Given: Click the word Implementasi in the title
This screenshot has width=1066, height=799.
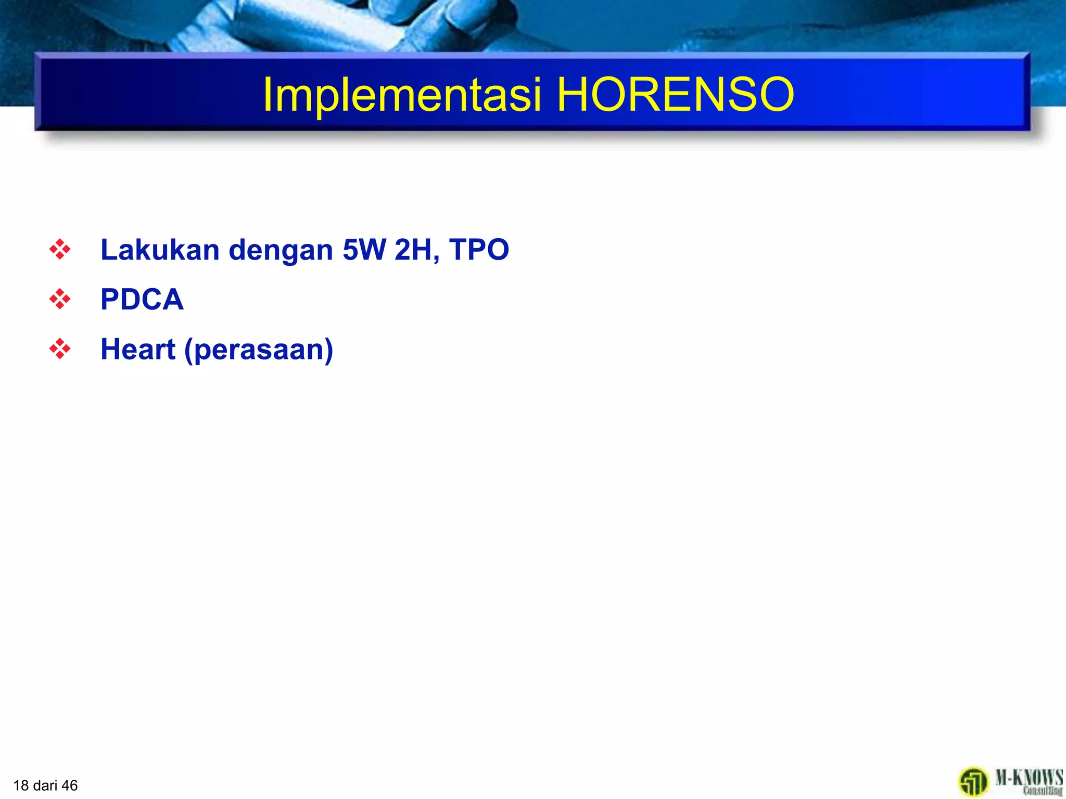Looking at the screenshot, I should (402, 95).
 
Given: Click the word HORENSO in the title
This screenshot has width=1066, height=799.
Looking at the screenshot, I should (675, 95).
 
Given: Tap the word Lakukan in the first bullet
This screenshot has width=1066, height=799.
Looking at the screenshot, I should (160, 250).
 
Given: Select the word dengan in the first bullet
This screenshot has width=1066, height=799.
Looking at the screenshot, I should (281, 251).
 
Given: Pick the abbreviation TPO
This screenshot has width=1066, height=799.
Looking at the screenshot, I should (479, 250).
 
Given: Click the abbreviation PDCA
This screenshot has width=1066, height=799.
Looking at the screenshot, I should (142, 300).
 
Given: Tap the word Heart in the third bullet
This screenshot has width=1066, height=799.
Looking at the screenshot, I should (138, 349).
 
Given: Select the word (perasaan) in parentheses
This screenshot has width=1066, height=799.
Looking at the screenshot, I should (259, 350).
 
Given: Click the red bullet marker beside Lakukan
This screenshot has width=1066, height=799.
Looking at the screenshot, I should (60, 250).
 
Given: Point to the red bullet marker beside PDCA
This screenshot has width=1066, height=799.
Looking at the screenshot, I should (60, 299).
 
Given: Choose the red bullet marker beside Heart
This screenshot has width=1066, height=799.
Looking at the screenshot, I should (60, 349).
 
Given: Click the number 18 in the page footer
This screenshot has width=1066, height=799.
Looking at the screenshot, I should (21, 785).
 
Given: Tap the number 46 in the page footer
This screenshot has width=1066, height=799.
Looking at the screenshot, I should (69, 785).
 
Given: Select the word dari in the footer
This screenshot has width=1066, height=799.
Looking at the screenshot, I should (45, 785).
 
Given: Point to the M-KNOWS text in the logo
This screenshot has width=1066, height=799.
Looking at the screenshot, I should (1029, 778).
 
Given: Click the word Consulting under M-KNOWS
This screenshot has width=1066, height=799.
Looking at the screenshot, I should (1042, 791).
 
